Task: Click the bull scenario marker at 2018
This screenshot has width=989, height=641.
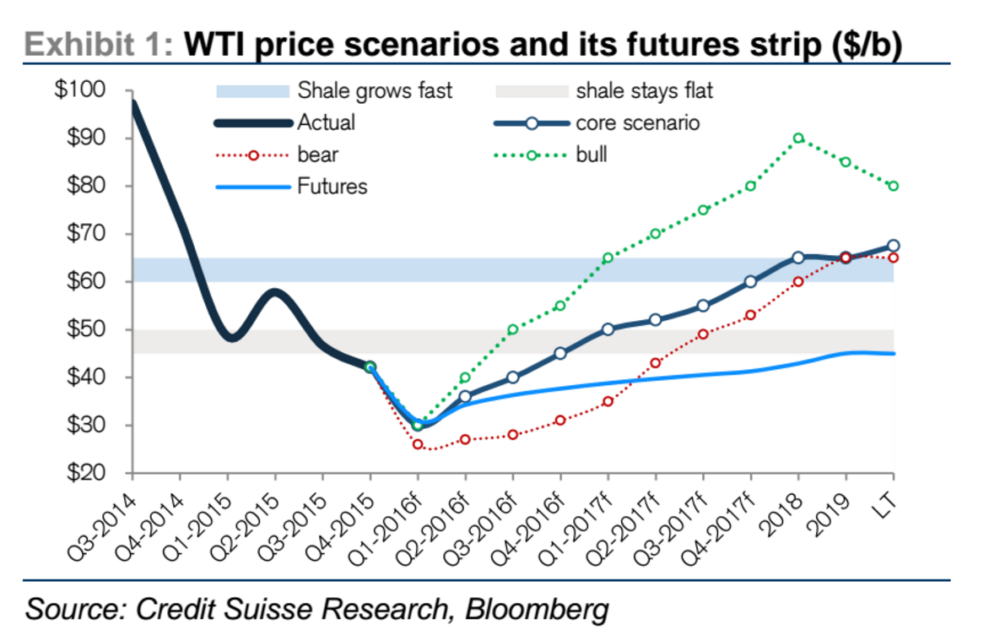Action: (798, 139)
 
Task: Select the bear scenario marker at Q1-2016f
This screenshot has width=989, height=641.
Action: (418, 444)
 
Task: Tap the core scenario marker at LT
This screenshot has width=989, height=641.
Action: (894, 246)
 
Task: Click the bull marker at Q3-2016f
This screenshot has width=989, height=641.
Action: (513, 329)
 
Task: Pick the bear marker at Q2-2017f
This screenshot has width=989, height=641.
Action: (656, 363)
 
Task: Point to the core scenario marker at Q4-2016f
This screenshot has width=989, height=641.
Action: (560, 354)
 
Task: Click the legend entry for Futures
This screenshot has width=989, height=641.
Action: (332, 187)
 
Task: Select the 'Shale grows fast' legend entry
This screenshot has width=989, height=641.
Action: (375, 90)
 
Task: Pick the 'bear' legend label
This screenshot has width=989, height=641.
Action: (316, 155)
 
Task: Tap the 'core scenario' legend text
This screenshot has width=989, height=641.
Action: (638, 122)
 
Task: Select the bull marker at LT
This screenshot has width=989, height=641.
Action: (894, 186)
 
